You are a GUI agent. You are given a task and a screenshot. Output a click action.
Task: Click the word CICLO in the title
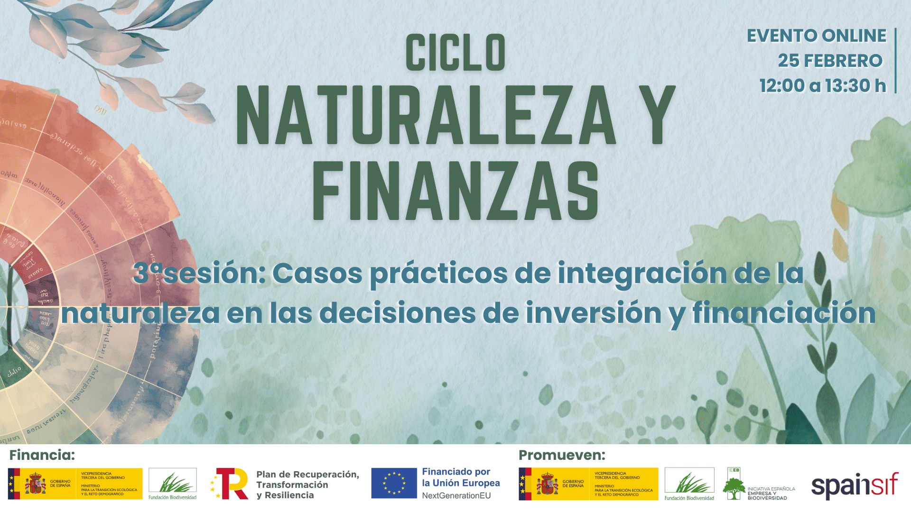click(x=455, y=53)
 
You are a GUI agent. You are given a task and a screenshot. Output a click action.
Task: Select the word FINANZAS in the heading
click(x=455, y=191)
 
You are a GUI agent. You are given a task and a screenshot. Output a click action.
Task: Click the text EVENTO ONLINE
click(x=816, y=36)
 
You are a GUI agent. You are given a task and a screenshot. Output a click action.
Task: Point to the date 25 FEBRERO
click(x=830, y=61)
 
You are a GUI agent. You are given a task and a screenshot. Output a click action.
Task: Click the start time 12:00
click(x=782, y=86)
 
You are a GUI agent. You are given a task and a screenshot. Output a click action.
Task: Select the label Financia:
click(x=42, y=455)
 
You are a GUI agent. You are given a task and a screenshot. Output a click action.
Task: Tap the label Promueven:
click(x=562, y=455)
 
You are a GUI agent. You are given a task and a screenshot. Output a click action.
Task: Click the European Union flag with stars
click(x=394, y=483)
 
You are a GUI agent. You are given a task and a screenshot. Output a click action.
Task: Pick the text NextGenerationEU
click(x=456, y=496)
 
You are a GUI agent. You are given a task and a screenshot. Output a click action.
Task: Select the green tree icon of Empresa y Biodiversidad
click(x=734, y=488)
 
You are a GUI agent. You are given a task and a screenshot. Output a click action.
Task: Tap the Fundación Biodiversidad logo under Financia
click(x=172, y=484)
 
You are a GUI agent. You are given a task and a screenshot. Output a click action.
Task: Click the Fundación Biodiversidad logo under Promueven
click(x=689, y=484)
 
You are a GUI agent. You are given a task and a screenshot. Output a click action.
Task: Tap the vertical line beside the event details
click(x=895, y=61)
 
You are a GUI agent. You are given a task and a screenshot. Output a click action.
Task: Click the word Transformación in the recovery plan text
click(x=292, y=485)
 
